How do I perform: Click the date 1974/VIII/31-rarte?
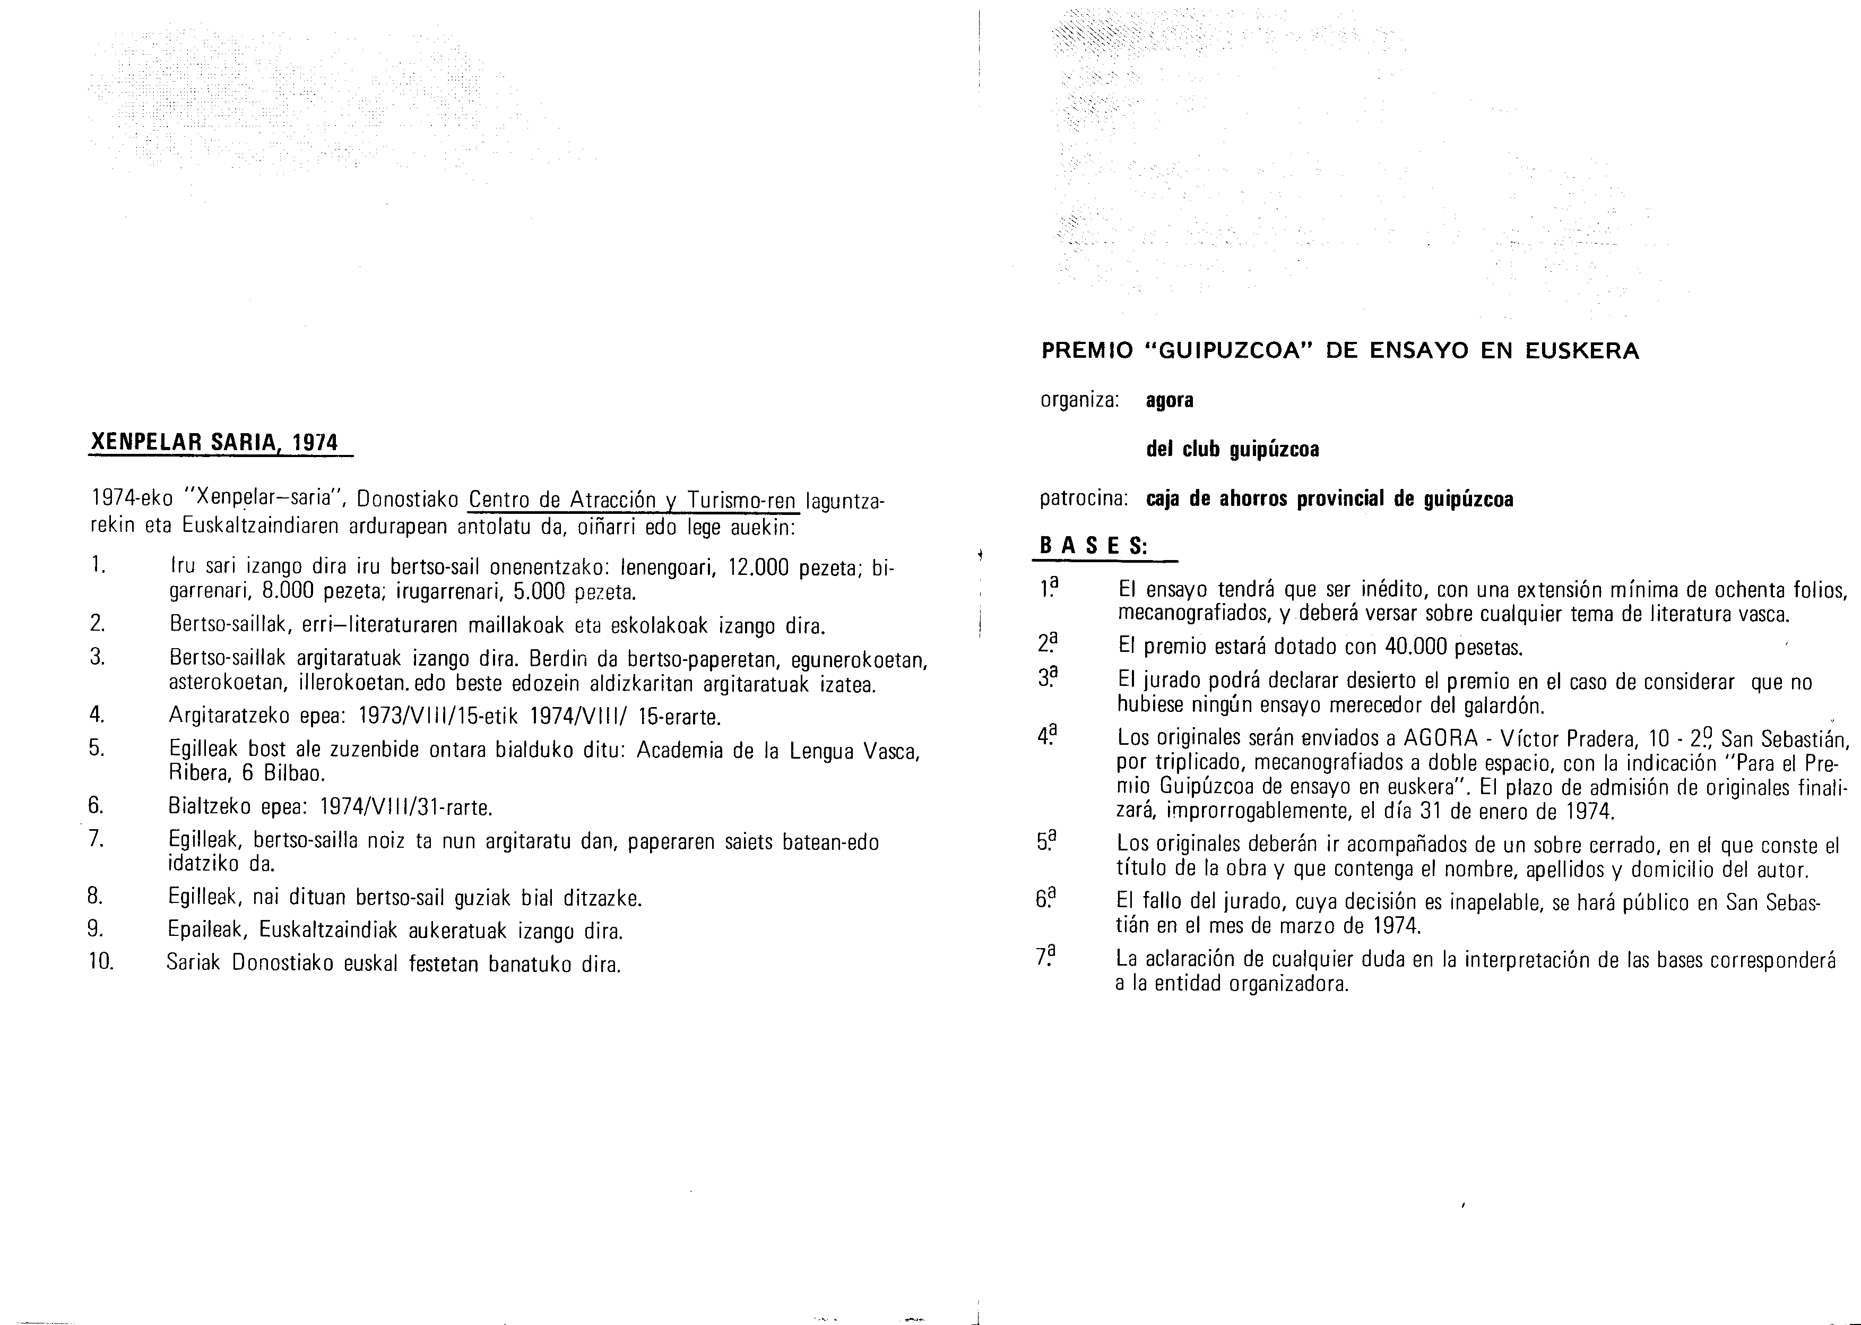[406, 808]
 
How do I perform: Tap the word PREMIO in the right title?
[1087, 351]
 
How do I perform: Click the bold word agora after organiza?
[1170, 401]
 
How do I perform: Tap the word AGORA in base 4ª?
[1440, 739]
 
